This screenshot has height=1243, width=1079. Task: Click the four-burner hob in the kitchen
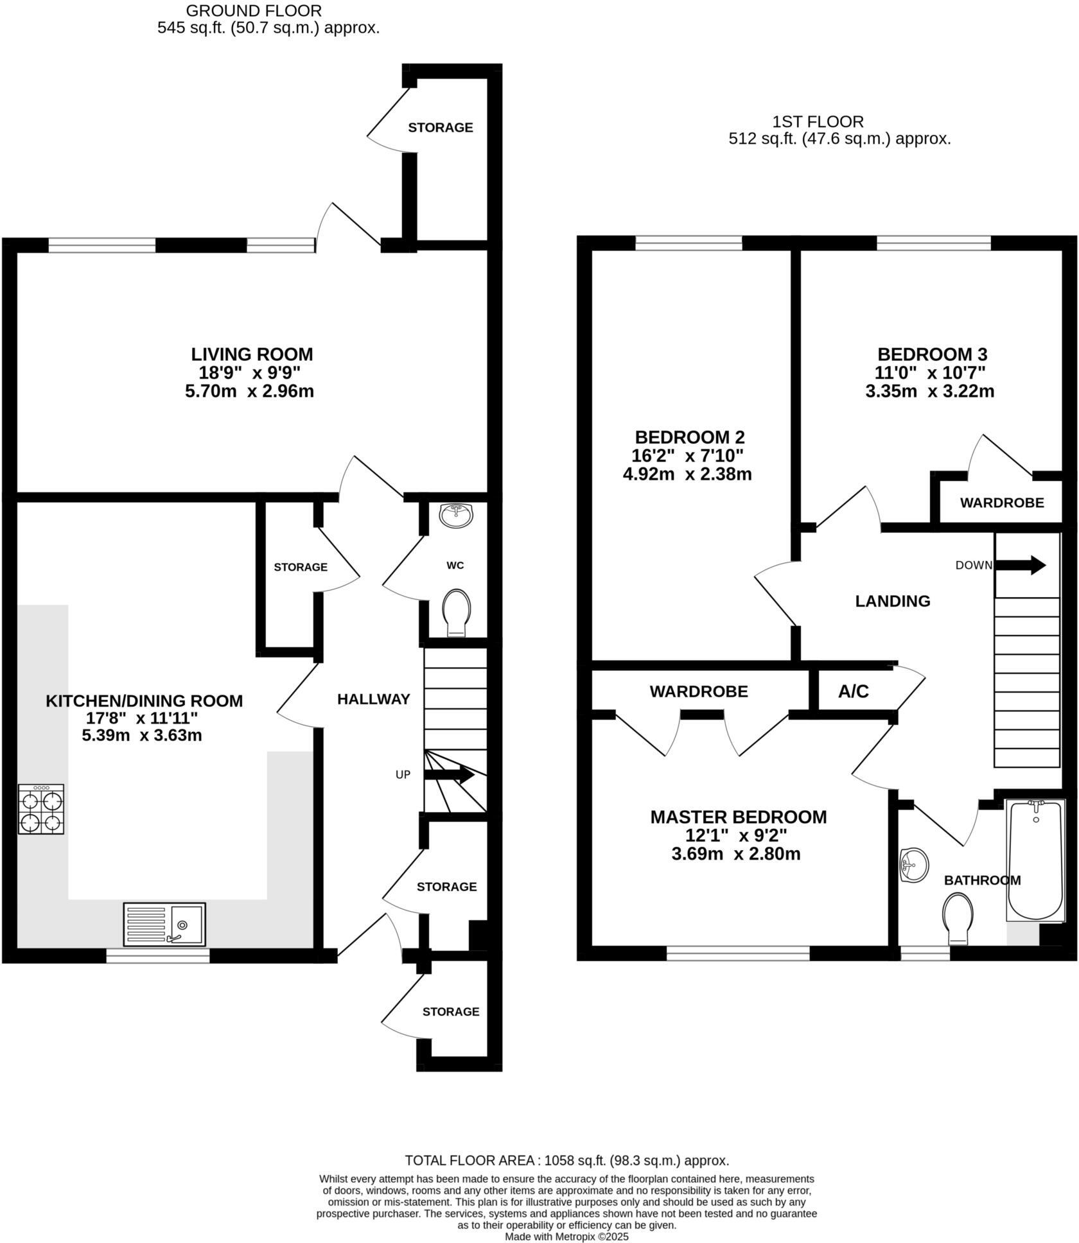(x=41, y=809)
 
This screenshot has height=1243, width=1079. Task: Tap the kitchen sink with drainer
(x=164, y=925)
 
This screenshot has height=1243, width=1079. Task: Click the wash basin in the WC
(x=457, y=516)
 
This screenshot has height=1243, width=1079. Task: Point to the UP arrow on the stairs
(x=449, y=775)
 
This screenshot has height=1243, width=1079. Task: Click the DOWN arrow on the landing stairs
(x=1021, y=566)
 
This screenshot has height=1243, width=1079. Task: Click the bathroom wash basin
(x=915, y=865)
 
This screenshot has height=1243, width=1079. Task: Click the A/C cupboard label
(x=853, y=691)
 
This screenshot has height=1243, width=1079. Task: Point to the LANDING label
(x=892, y=601)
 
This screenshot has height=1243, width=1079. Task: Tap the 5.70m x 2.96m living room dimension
(x=249, y=391)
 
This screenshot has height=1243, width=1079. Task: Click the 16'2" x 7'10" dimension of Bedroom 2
(x=687, y=456)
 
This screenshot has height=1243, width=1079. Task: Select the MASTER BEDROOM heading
(x=738, y=817)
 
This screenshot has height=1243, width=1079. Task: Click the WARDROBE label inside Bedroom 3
(x=1001, y=503)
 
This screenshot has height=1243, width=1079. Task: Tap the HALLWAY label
(x=373, y=699)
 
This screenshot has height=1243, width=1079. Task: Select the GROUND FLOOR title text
(x=254, y=11)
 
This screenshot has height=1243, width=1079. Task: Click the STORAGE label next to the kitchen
(x=300, y=567)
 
